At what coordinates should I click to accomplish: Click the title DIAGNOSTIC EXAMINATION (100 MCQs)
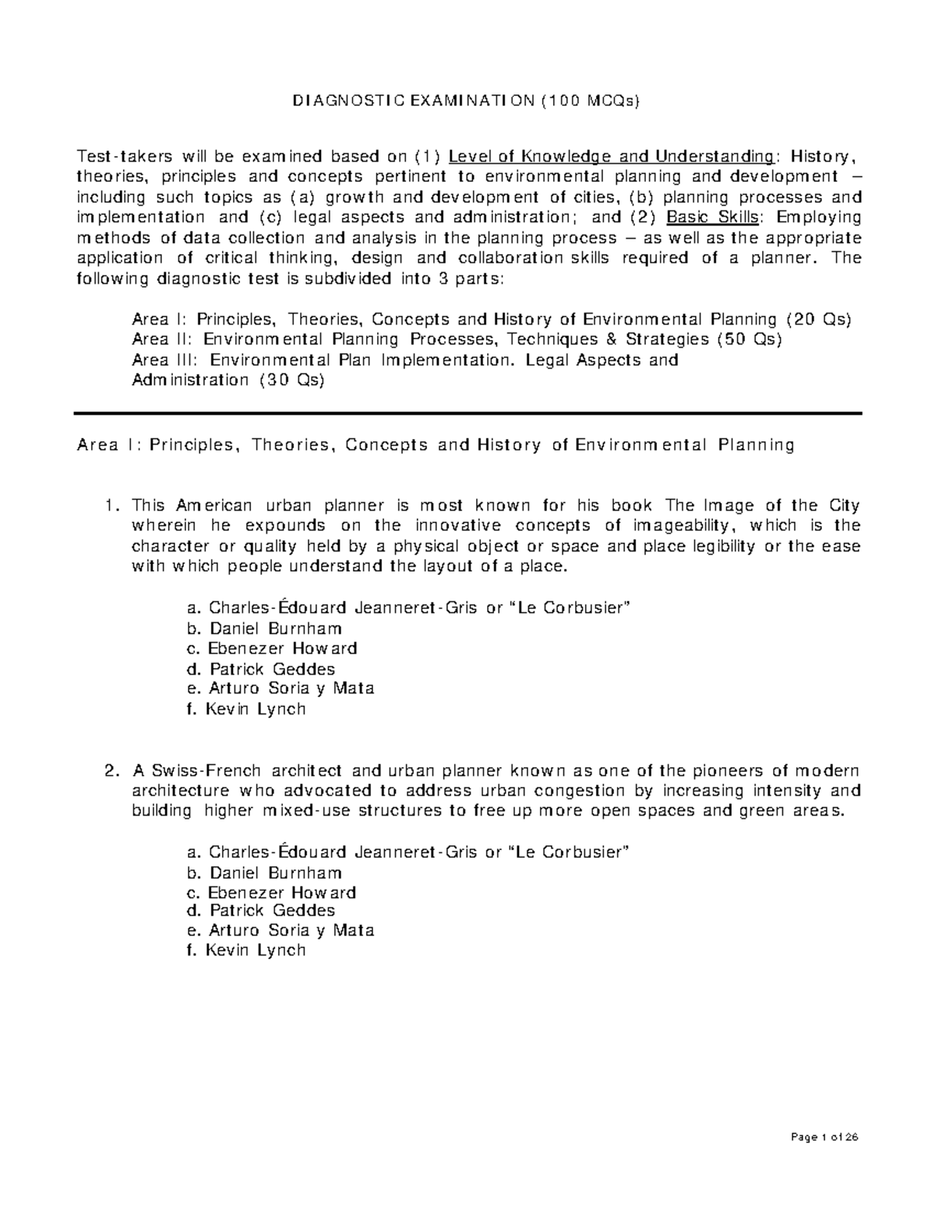tap(465, 101)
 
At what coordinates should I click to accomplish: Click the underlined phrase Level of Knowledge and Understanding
tap(612, 156)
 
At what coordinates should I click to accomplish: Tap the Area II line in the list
tap(456, 339)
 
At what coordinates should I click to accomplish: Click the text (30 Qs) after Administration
tap(291, 380)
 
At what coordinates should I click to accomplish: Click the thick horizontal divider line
tap(467, 413)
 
